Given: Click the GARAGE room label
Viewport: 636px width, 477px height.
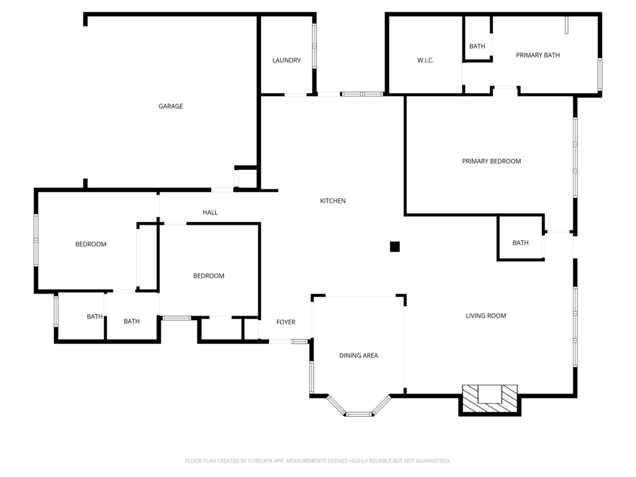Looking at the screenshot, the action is click(x=170, y=106).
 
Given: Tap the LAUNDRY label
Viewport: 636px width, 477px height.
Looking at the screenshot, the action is click(x=286, y=60).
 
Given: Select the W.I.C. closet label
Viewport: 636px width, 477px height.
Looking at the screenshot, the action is click(x=425, y=60).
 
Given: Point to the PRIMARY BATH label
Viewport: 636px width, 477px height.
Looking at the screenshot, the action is click(x=538, y=55).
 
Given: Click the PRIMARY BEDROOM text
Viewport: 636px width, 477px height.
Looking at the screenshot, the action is click(x=491, y=161).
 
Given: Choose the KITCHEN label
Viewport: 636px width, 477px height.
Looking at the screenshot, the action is click(x=332, y=201).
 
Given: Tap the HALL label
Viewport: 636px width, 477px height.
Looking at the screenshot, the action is click(x=210, y=212).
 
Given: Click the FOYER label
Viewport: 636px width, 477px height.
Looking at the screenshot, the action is click(x=286, y=322).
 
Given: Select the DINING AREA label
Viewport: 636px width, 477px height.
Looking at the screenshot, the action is click(x=358, y=355).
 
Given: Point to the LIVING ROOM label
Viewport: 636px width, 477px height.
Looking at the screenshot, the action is click(x=485, y=316).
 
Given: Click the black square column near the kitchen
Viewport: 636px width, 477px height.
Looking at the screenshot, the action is click(x=395, y=247).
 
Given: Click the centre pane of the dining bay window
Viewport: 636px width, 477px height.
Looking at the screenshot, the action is click(x=359, y=414).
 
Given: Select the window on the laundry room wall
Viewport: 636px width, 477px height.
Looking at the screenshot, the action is click(x=314, y=46).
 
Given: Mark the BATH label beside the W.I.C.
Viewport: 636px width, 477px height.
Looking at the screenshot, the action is click(x=477, y=46).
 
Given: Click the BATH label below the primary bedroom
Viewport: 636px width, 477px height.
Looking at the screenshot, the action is click(x=520, y=242).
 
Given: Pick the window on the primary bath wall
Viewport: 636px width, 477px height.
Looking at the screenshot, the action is click(x=600, y=74).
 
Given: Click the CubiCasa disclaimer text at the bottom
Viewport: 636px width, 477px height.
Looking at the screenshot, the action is click(x=318, y=461).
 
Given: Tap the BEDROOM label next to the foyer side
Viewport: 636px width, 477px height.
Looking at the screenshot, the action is click(x=209, y=276).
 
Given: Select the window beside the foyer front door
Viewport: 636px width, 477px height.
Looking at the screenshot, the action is click(x=300, y=342).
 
